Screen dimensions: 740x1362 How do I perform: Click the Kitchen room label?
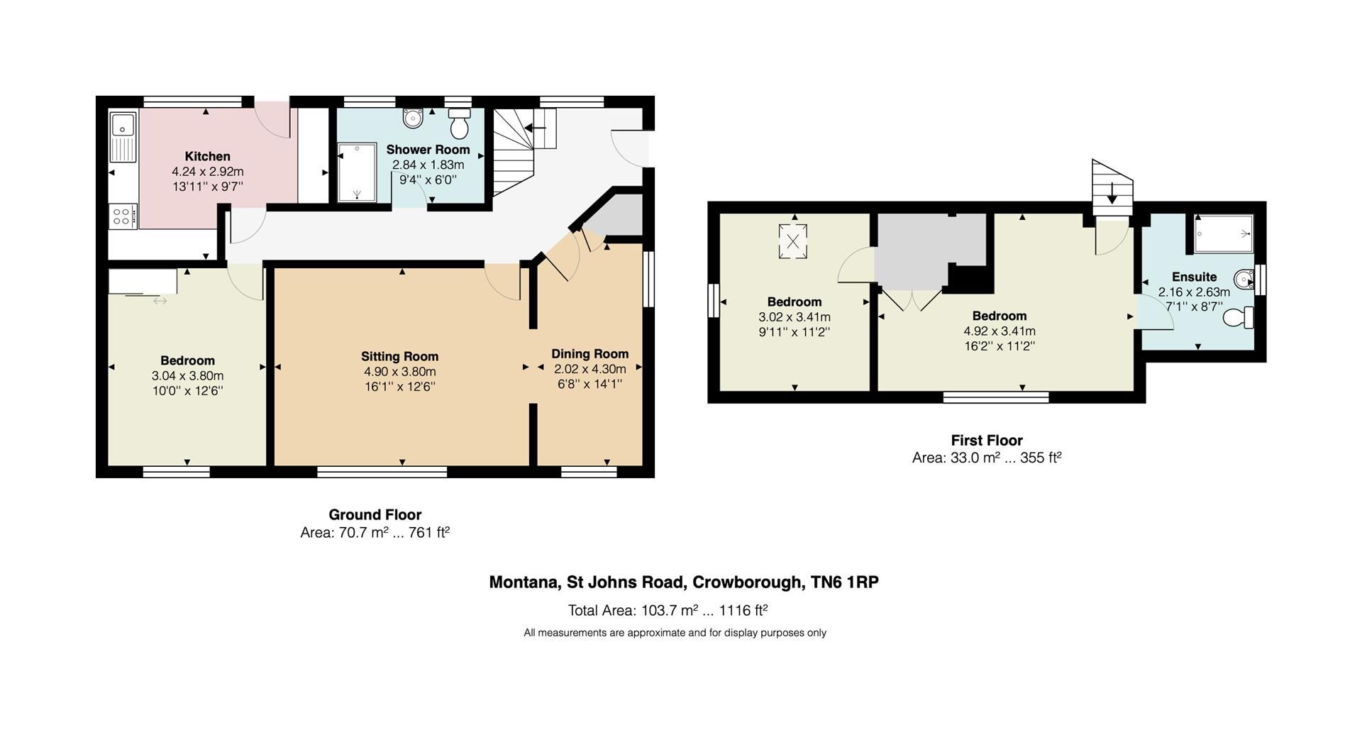click(x=207, y=156)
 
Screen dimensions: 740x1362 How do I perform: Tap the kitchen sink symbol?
click(x=123, y=128)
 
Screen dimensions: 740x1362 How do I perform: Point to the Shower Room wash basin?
click(x=412, y=118)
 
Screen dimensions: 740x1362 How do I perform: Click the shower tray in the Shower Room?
click(x=357, y=172)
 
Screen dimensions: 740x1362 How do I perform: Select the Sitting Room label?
click(x=399, y=356)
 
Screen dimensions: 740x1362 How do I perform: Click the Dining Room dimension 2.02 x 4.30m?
click(x=589, y=369)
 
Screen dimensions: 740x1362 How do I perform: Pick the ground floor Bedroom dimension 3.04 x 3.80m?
click(x=187, y=376)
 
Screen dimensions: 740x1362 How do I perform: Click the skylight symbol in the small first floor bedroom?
click(x=793, y=241)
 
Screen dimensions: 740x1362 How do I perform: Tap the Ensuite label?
click(x=1194, y=277)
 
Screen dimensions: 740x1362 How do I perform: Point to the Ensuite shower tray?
click(x=1223, y=234)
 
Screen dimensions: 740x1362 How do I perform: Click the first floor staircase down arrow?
click(x=1112, y=193)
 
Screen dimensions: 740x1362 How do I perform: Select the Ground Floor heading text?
click(x=375, y=514)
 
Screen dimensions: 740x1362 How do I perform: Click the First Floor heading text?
click(x=986, y=440)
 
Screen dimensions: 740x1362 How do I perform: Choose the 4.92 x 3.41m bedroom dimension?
click(x=999, y=331)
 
